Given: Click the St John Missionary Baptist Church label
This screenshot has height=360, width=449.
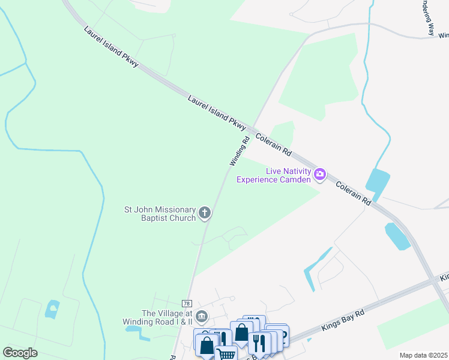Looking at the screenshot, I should pos(160,214).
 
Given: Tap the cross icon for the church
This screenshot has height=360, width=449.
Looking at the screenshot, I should pos(205,212).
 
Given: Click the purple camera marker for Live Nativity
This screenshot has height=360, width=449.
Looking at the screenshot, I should pos(319,175).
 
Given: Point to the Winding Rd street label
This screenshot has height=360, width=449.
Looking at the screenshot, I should pos(240,152).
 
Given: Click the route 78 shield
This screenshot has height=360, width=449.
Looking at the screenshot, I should pos(187,304).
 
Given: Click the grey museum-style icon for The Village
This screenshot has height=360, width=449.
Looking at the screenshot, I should pos(201,316).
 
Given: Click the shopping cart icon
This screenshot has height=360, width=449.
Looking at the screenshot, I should pos(226,353).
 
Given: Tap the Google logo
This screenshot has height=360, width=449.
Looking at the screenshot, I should pos(20,352).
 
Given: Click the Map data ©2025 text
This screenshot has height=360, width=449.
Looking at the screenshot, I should pos(423,355).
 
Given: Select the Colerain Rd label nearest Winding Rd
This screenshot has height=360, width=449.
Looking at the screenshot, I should pos(274,145).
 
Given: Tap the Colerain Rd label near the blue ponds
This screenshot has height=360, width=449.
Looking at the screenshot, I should pos(353,194).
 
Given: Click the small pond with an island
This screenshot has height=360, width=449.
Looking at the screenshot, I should pos(52,310).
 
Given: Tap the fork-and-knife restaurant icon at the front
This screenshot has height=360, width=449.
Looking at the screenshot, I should pos(258,343).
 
